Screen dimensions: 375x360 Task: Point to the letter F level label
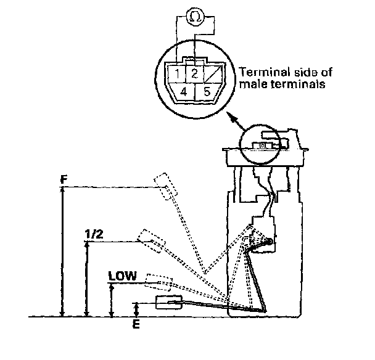coord(64,180)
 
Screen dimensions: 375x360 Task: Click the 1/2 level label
coord(93,234)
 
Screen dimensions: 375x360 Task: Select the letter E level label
coord(136,322)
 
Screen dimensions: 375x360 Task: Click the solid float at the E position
coord(168,302)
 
